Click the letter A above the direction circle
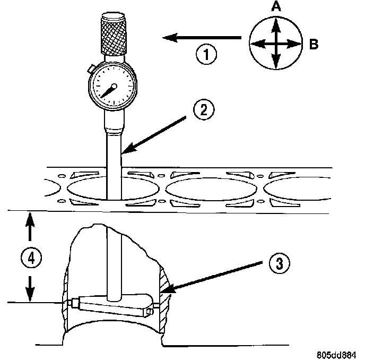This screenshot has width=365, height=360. click(275, 7)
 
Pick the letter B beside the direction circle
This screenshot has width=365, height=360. click(314, 45)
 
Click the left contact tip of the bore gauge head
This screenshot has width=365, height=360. click(71, 303)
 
